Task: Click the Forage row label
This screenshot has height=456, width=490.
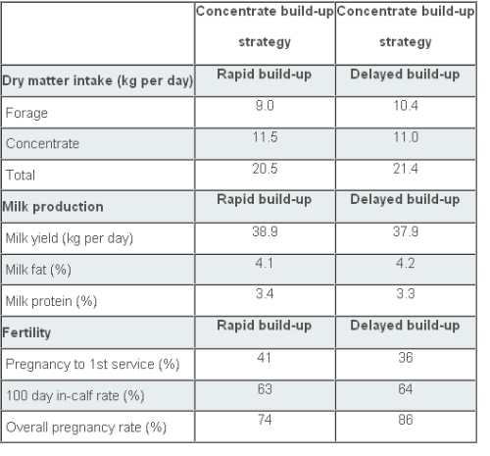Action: [26, 114]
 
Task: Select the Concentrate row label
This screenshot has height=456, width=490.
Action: [42, 143]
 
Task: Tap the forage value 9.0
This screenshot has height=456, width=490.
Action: [265, 106]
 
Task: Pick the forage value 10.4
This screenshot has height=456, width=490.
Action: [406, 106]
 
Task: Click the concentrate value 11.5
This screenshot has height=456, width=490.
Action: [265, 137]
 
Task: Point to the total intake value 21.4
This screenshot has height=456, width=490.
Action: [406, 169]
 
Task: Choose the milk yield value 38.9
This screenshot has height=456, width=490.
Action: [265, 231]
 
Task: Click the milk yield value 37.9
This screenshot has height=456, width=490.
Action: [406, 231]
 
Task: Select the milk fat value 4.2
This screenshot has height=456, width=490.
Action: [406, 263]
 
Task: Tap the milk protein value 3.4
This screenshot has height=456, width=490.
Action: [265, 293]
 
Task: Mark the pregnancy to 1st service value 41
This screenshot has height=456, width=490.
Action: [264, 357]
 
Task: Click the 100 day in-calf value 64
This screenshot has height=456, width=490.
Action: [406, 389]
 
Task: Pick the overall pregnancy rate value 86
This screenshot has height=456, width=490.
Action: [406, 420]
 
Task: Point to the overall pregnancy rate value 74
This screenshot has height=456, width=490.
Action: [265, 420]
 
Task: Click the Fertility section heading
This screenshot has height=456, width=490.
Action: [26, 333]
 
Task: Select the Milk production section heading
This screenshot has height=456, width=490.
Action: [53, 207]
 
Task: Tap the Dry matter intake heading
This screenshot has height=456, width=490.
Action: [98, 81]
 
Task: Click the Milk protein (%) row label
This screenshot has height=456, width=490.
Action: [51, 301]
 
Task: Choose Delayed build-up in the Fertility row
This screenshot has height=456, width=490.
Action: [405, 326]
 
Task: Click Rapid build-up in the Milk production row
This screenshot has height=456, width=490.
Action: [265, 200]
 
